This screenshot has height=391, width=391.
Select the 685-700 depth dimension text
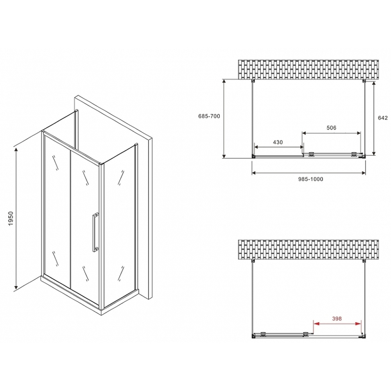[x=210, y=116]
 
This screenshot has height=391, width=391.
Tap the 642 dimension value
[x=383, y=118]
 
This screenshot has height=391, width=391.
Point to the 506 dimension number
[x=331, y=128]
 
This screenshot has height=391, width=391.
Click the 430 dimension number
[x=278, y=142]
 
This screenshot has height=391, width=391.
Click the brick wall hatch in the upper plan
[x=309, y=69]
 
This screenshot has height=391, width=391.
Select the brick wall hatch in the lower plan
[x=309, y=249]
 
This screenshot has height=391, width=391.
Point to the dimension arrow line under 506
[x=332, y=134]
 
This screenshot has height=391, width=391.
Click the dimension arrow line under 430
[x=279, y=147]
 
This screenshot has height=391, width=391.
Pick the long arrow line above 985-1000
[x=308, y=172]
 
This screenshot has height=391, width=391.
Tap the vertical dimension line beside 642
[x=374, y=118]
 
